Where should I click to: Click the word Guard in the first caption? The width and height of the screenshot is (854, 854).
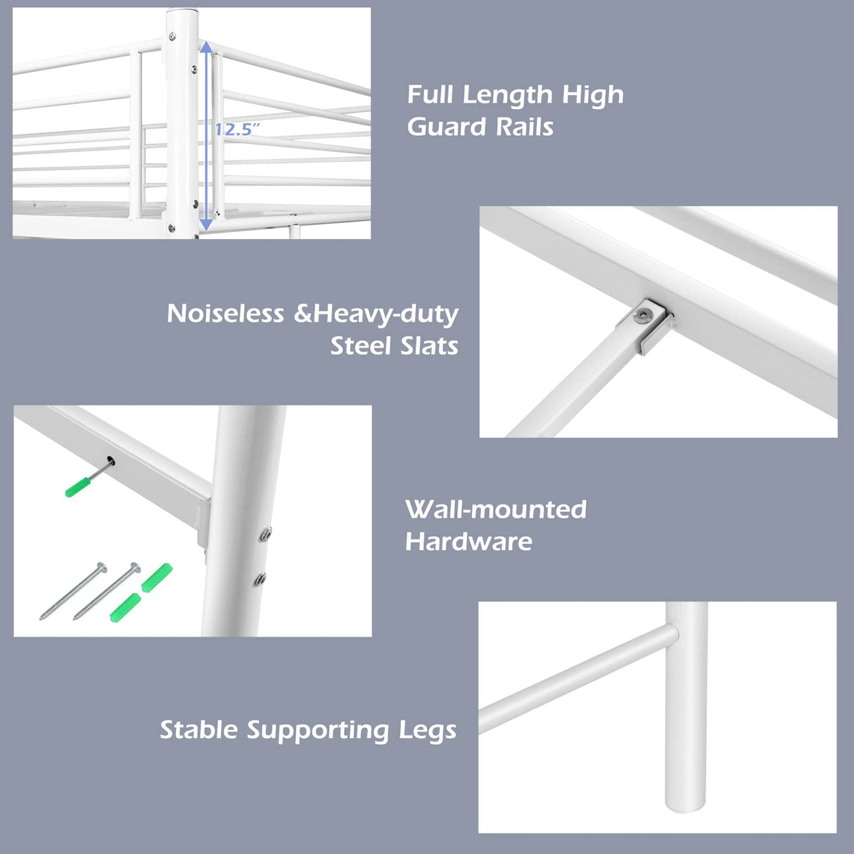[x=447, y=127]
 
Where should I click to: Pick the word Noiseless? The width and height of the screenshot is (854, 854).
[x=225, y=314]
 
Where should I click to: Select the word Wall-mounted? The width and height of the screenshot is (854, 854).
[x=496, y=509]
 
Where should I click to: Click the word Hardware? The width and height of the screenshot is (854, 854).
[x=469, y=542]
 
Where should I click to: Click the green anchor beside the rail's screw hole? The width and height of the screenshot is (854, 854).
[x=79, y=486]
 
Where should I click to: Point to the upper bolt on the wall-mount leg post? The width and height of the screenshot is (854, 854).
[x=266, y=533]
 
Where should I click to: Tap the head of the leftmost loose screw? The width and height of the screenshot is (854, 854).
[x=101, y=567]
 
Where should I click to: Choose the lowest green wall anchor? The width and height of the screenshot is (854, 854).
[x=125, y=607]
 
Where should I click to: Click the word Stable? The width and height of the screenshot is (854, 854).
[x=199, y=730]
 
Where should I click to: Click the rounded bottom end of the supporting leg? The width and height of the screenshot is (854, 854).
[x=686, y=808]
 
